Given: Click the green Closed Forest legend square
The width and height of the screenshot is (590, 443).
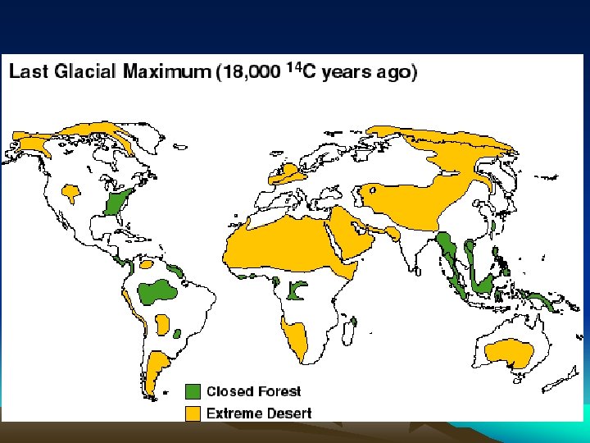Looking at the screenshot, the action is [193, 391].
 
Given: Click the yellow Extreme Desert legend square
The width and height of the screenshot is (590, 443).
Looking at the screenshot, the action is [193, 413].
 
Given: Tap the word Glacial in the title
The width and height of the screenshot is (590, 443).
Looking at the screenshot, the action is [84, 71].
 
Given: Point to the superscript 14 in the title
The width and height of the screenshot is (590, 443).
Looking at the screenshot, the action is [295, 67].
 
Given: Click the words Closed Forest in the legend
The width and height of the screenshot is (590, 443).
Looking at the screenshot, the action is [253, 391].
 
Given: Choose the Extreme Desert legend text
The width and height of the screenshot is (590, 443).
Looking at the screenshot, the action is [259, 413].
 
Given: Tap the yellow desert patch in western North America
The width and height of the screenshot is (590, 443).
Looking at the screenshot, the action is [70, 192].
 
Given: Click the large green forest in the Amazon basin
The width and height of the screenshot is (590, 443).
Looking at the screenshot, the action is [156, 291].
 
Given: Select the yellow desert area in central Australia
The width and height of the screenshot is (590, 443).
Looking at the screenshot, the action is [510, 353].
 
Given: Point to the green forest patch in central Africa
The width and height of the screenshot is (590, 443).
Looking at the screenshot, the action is [296, 290].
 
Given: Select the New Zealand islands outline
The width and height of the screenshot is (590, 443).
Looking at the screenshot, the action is [560, 380].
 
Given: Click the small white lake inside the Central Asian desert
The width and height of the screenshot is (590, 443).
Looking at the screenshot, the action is [373, 190].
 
